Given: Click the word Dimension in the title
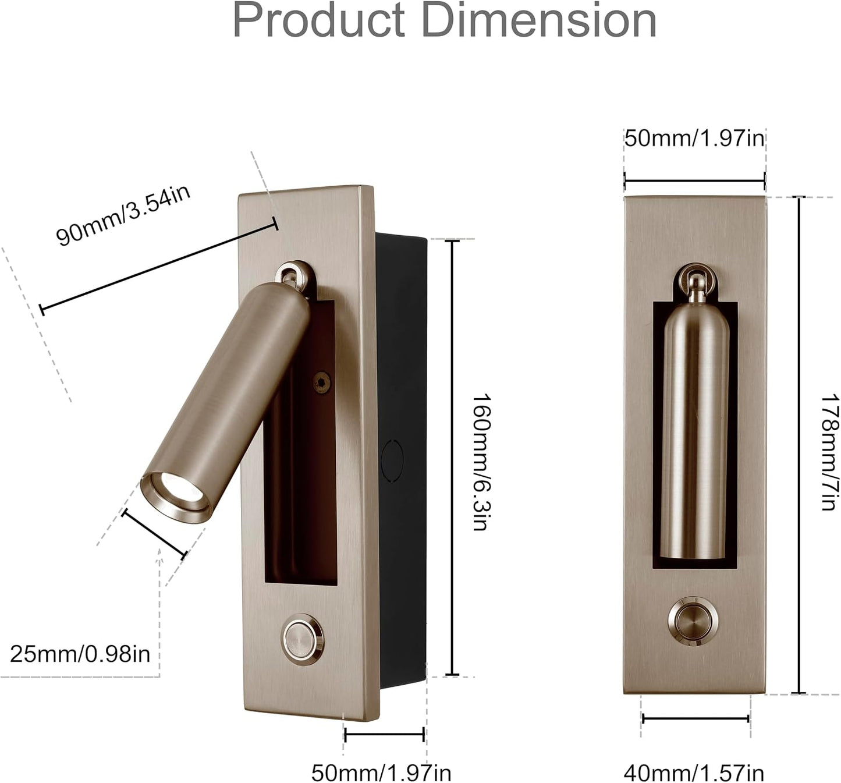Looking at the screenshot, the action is [540, 21].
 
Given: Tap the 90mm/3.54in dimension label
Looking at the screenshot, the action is [123, 215].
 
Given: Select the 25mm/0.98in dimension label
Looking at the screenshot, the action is [80, 654].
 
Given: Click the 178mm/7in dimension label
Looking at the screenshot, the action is [829, 453].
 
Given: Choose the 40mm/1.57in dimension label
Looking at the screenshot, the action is [694, 773].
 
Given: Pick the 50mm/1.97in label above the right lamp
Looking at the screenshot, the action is [695, 139].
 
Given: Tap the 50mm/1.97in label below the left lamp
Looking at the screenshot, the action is [381, 773].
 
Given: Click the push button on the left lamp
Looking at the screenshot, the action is [303, 640].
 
